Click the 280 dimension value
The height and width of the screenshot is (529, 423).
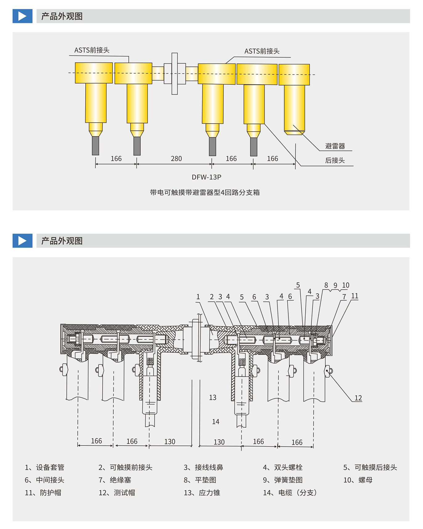click(x=176, y=159)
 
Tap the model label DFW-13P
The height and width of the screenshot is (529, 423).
click(x=206, y=177)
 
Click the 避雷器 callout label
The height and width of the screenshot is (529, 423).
click(x=335, y=146)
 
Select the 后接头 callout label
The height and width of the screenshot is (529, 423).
click(x=335, y=161)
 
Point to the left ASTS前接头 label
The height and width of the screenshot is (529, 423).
click(x=92, y=50)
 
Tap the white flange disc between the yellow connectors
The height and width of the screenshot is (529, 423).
click(x=175, y=74)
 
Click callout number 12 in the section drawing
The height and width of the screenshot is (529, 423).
click(x=358, y=398)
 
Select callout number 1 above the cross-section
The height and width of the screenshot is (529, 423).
click(x=198, y=297)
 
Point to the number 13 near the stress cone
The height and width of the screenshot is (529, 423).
click(x=213, y=397)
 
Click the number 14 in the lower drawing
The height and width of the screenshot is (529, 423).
click(x=216, y=421)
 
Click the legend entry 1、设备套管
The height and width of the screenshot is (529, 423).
click(x=45, y=467)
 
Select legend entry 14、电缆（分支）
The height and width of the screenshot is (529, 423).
click(x=290, y=493)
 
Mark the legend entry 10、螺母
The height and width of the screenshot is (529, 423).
click(x=358, y=480)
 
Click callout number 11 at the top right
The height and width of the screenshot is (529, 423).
click(x=355, y=296)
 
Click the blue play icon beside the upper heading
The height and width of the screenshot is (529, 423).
click(x=22, y=16)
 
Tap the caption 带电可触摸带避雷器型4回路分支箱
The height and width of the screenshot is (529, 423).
click(x=205, y=193)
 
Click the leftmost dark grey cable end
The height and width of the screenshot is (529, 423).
click(x=96, y=146)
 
